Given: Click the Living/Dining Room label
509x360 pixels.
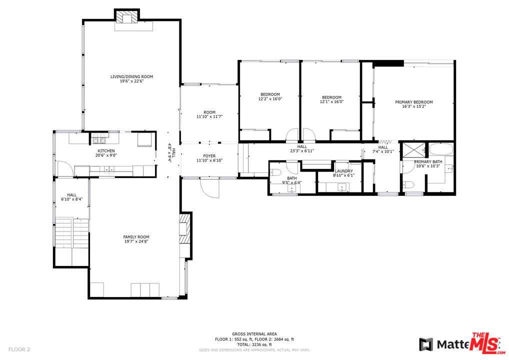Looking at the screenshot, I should point(131,76).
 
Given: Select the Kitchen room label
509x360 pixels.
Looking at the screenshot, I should point(106,151).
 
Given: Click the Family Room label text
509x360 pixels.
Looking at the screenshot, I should point(136,237).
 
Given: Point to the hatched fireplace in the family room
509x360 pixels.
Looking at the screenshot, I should point(184,228).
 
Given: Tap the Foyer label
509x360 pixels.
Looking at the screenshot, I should point(209,156).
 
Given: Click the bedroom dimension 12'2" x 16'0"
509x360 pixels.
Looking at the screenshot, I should point(270,99).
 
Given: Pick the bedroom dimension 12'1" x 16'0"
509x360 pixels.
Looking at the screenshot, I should point(331,101).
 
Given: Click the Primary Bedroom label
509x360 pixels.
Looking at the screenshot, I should point(414,102).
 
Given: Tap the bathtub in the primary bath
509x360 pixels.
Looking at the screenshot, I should point(440,149).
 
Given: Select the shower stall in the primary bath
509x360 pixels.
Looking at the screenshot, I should point(414,149).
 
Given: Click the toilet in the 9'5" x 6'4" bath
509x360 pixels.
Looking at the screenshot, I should point(276,172).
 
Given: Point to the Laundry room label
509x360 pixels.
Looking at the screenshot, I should point(343,171).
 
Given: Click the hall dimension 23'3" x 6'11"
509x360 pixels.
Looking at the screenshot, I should point(301,150).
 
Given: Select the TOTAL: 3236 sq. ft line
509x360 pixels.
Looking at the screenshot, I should point(254,344).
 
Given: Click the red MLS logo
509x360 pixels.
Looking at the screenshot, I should point(486,343).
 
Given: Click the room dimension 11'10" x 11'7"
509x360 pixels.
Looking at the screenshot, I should point(209,116).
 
